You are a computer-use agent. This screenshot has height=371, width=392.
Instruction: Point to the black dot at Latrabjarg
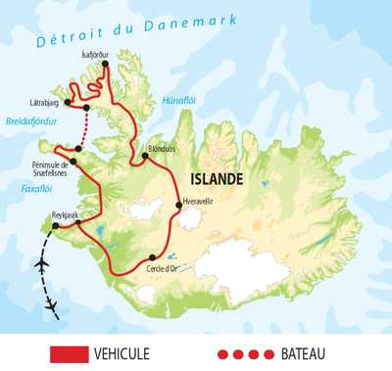click(x=87, y=107)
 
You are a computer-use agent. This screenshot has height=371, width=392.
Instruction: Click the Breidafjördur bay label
click(x=28, y=122)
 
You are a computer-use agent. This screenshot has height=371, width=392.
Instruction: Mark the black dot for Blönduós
click(x=145, y=155)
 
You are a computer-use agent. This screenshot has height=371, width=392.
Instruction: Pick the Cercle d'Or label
click(x=163, y=267)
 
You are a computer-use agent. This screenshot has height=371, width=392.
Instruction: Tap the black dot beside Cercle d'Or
click(x=153, y=257)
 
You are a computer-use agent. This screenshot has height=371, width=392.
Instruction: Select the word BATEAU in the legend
click(x=300, y=352)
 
